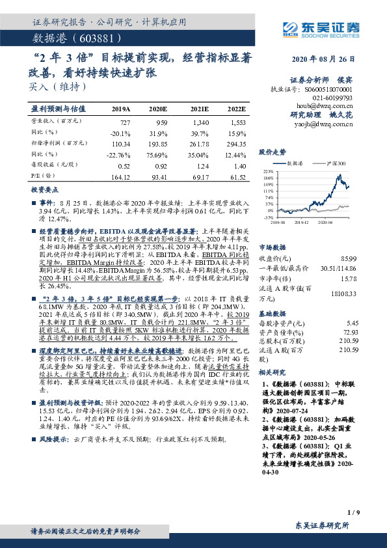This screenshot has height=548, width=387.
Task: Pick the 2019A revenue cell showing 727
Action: pyautogui.click(x=125, y=122)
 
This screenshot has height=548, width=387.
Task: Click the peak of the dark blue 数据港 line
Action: pyautogui.click(x=336, y=175)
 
